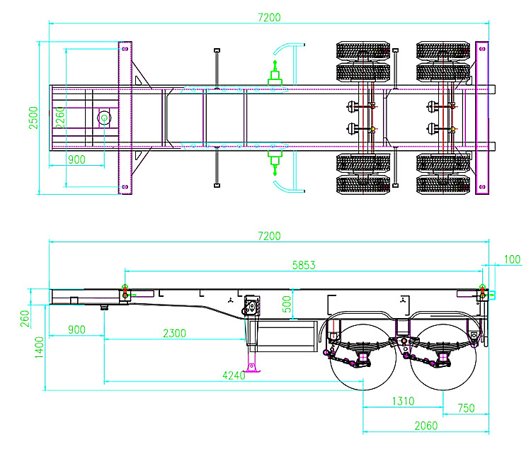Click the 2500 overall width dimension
33,118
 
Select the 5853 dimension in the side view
303,265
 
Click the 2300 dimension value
174,332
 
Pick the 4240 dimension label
232,375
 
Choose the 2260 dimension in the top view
61,118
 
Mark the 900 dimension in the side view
76,330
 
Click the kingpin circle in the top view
104,118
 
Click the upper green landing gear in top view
274,74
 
